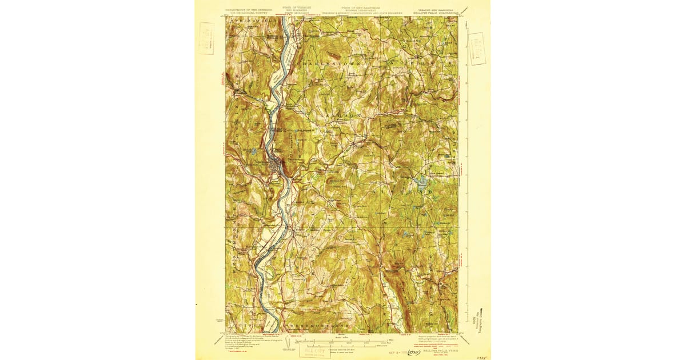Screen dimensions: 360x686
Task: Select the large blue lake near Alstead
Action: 422,183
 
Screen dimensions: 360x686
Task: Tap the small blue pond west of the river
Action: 253,151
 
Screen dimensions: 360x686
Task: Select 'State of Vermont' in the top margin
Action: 297,7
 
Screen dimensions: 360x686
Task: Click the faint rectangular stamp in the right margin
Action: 476,48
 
